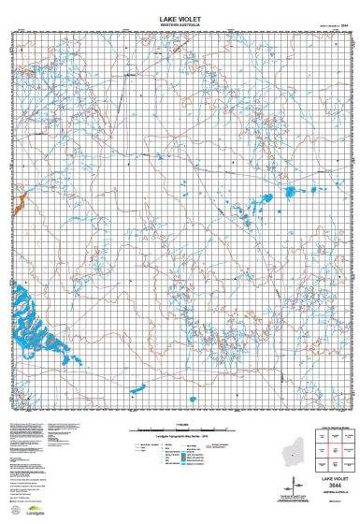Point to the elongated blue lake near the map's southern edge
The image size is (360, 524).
click(x=138, y=361)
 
